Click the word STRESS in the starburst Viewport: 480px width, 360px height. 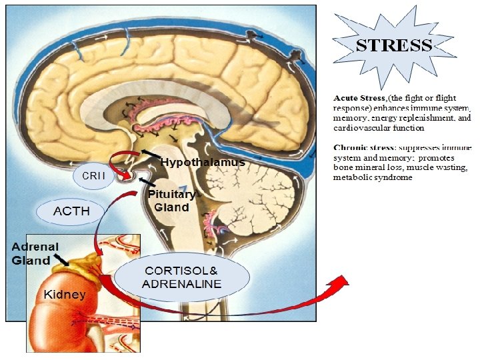[x=393, y=46]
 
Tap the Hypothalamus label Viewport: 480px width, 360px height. [x=203, y=162]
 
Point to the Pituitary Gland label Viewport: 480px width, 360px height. [x=172, y=201]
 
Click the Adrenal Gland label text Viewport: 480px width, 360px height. [x=35, y=253]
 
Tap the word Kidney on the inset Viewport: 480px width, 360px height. [x=64, y=294]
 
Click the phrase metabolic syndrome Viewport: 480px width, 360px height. [x=373, y=177]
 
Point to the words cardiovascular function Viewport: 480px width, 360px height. [x=378, y=127]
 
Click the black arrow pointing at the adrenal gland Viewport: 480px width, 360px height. [x=61, y=258]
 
